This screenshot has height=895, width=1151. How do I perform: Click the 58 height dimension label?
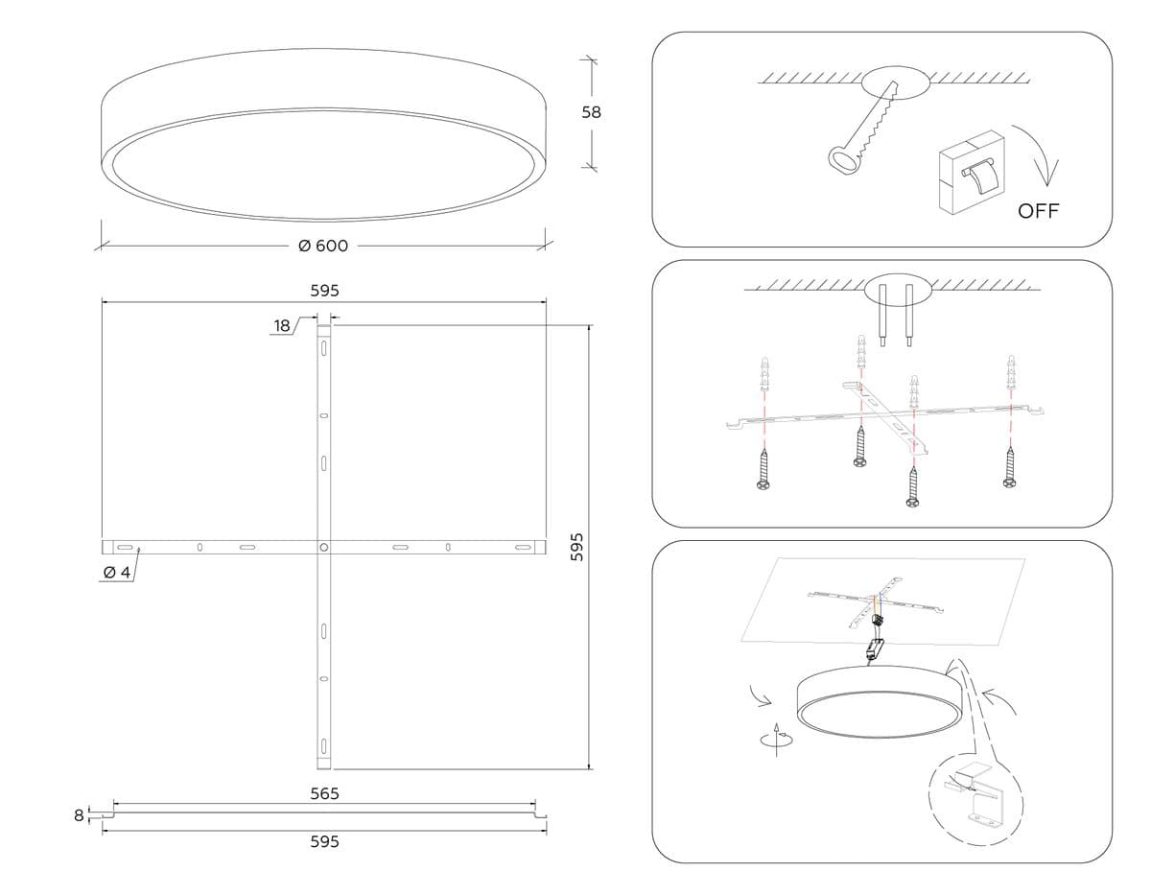pyautogui.click(x=592, y=111)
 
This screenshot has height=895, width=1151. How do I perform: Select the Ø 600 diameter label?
pyautogui.click(x=323, y=246)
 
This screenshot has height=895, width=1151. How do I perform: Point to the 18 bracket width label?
pyautogui.click(x=281, y=325)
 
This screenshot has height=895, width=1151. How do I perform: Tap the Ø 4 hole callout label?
pyautogui.click(x=116, y=572)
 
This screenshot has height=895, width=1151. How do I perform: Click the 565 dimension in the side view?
pyautogui.click(x=324, y=793)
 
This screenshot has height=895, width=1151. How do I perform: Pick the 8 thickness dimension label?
pyautogui.click(x=79, y=815)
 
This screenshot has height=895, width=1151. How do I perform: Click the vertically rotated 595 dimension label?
pyautogui.click(x=576, y=547)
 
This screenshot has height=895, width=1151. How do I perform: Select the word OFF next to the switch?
pyautogui.click(x=1039, y=211)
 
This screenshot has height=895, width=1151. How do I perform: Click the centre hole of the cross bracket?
pyautogui.click(x=324, y=547)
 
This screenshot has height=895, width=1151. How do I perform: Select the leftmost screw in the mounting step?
pyautogui.click(x=764, y=471)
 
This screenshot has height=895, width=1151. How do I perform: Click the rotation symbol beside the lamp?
pyautogui.click(x=776, y=740)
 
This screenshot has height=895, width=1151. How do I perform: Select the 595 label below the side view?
pyautogui.click(x=324, y=841)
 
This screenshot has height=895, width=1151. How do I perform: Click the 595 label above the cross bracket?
pyautogui.click(x=324, y=290)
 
